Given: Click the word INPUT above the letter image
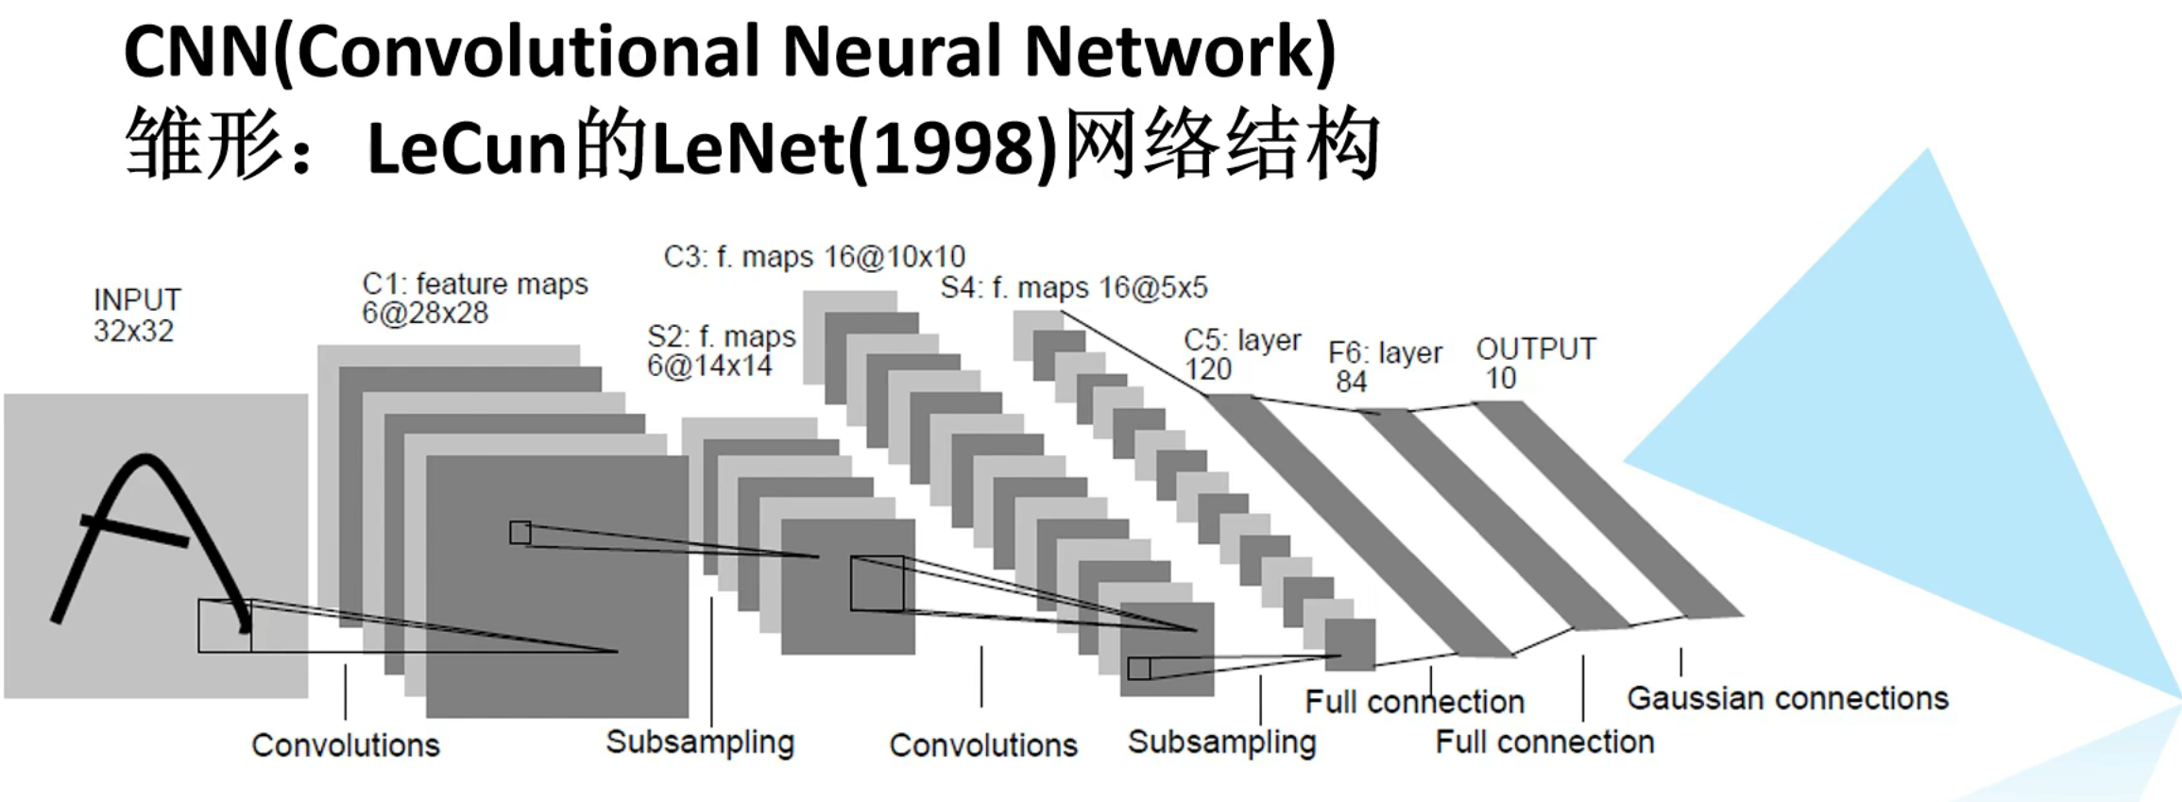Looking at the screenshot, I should point(137,299).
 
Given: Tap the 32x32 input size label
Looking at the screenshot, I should point(133,332).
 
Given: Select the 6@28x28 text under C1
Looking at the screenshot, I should point(425,314).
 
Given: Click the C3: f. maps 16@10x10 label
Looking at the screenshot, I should point(814,257).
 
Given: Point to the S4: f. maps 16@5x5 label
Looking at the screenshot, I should point(1074,288).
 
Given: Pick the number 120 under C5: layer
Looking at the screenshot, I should point(1208,369).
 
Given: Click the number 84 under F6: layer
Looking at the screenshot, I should point(1351,382).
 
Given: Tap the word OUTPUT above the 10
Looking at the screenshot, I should point(1536,350).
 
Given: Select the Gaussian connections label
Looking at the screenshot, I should point(1787,698).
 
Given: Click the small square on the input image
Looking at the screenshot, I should point(225,625).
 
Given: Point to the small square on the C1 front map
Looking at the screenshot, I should point(520,533).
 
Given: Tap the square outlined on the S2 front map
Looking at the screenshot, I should point(877,584).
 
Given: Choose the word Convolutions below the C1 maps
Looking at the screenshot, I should point(346,745).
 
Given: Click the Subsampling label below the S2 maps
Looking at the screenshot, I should point(700,742).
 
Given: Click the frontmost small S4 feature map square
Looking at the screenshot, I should point(1350,645).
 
